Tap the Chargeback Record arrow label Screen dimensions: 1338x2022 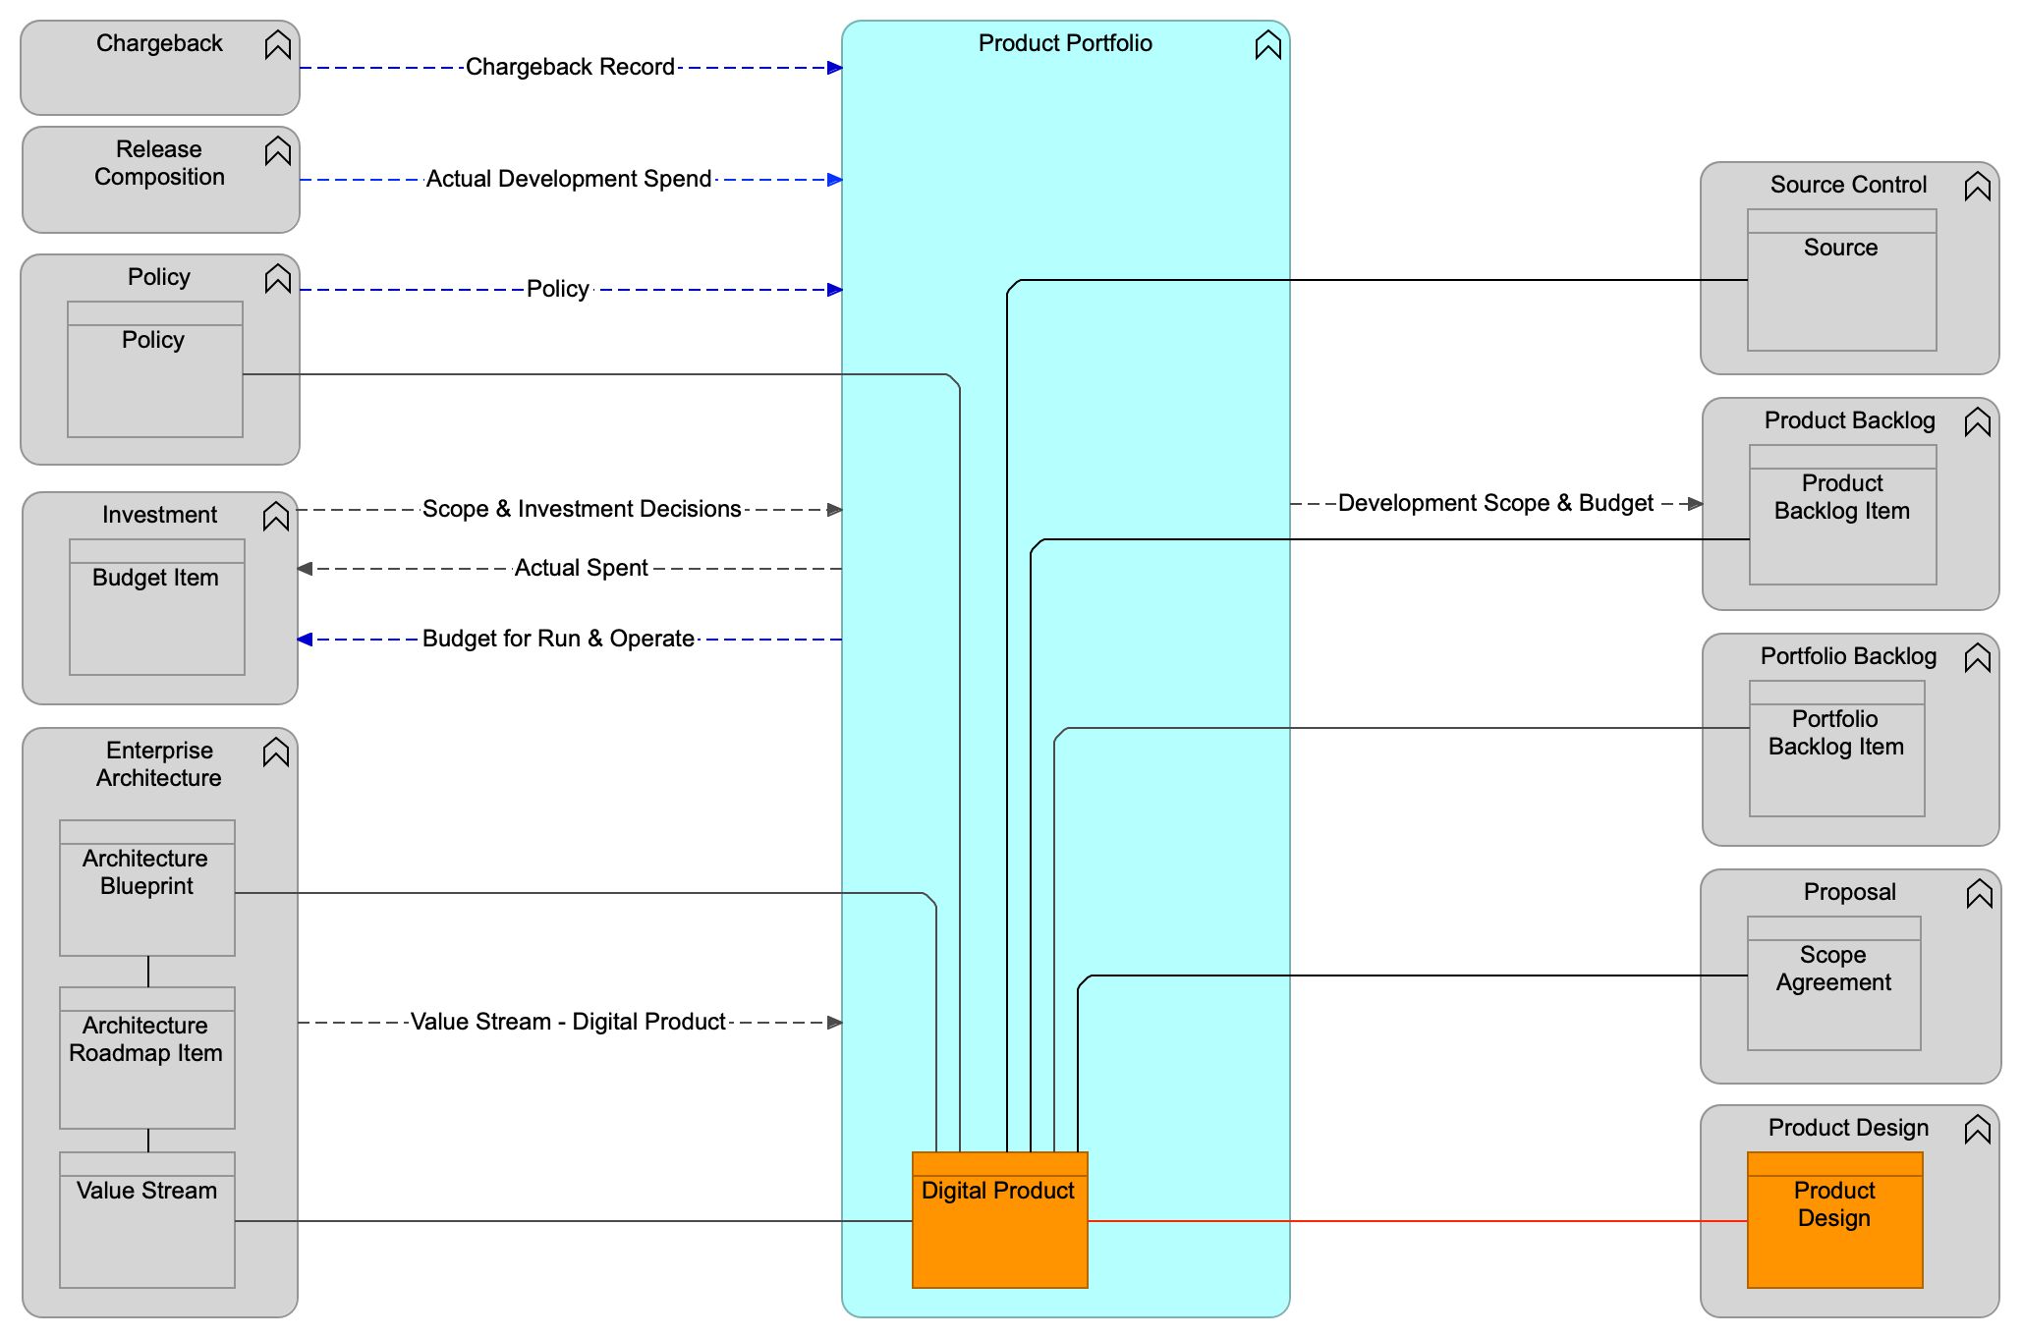click(x=570, y=67)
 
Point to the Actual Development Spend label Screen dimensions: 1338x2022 click(x=569, y=179)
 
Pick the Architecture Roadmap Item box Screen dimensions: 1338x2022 click(x=147, y=1057)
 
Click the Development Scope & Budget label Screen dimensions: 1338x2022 click(x=1495, y=503)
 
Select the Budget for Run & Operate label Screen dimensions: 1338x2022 click(x=558, y=639)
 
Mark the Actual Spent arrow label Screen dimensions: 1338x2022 click(x=581, y=568)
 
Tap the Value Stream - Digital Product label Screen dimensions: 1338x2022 click(x=568, y=1022)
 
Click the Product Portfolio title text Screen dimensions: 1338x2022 click(x=1065, y=43)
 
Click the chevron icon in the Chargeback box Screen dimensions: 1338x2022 click(x=278, y=45)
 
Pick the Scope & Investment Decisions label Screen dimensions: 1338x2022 click(x=582, y=509)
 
